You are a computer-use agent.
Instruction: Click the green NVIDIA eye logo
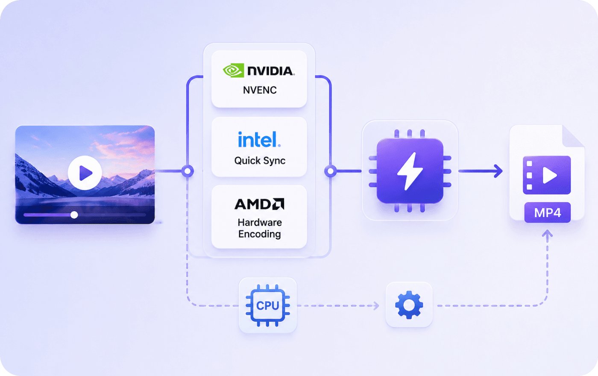[233, 70]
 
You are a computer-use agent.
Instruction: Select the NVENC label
[260, 90]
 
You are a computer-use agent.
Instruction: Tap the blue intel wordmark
[259, 139]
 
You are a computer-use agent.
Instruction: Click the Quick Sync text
[260, 161]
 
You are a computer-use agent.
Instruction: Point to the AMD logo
[259, 204]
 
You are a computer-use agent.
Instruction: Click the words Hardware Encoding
[260, 228]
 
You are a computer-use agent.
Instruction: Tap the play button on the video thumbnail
[85, 173]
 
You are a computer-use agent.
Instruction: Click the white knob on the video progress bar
[74, 214]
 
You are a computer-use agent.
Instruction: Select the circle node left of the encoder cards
[188, 171]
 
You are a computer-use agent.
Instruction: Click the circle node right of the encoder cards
[331, 171]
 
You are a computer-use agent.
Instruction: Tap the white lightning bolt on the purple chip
[410, 171]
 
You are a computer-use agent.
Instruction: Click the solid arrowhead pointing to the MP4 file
[498, 171]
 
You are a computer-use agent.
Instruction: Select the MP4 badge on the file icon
[547, 213]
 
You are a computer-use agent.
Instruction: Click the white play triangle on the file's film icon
[549, 175]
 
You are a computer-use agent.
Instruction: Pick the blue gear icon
[409, 305]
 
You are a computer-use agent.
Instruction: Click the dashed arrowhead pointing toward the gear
[376, 306]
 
